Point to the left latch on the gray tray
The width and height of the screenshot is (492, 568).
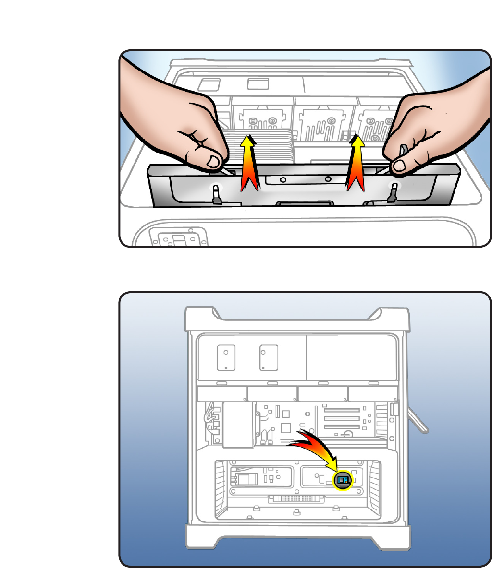(x=216, y=194)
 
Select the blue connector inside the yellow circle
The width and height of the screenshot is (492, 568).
(x=343, y=479)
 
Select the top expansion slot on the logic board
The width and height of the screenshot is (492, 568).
(x=343, y=410)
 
